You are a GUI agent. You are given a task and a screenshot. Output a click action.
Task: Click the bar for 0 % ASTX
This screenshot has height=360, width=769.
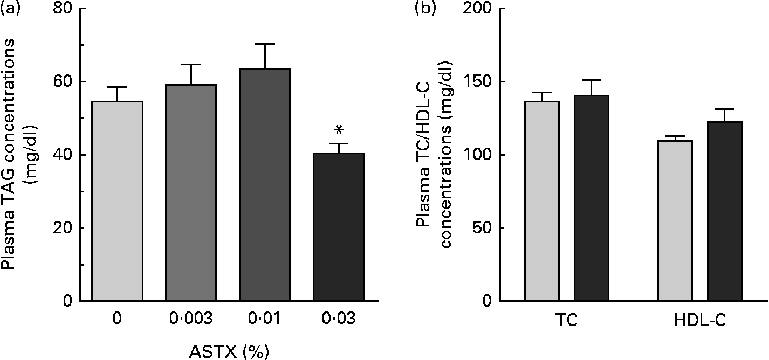[x=117, y=200]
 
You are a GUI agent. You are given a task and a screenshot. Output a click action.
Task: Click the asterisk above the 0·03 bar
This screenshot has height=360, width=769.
[x=339, y=131]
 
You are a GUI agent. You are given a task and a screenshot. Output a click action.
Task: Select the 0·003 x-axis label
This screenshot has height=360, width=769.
[x=191, y=319]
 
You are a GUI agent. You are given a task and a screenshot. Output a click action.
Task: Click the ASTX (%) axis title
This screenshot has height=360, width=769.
[x=228, y=351]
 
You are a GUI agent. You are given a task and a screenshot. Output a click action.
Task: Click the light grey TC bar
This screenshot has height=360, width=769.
[x=542, y=200]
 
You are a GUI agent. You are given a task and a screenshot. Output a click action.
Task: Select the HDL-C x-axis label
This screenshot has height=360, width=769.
[x=700, y=320]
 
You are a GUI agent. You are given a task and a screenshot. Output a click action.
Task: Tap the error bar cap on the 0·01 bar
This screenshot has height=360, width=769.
[x=265, y=44]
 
